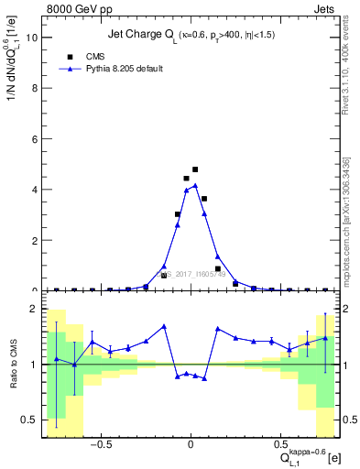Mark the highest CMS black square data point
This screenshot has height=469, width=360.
195,169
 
